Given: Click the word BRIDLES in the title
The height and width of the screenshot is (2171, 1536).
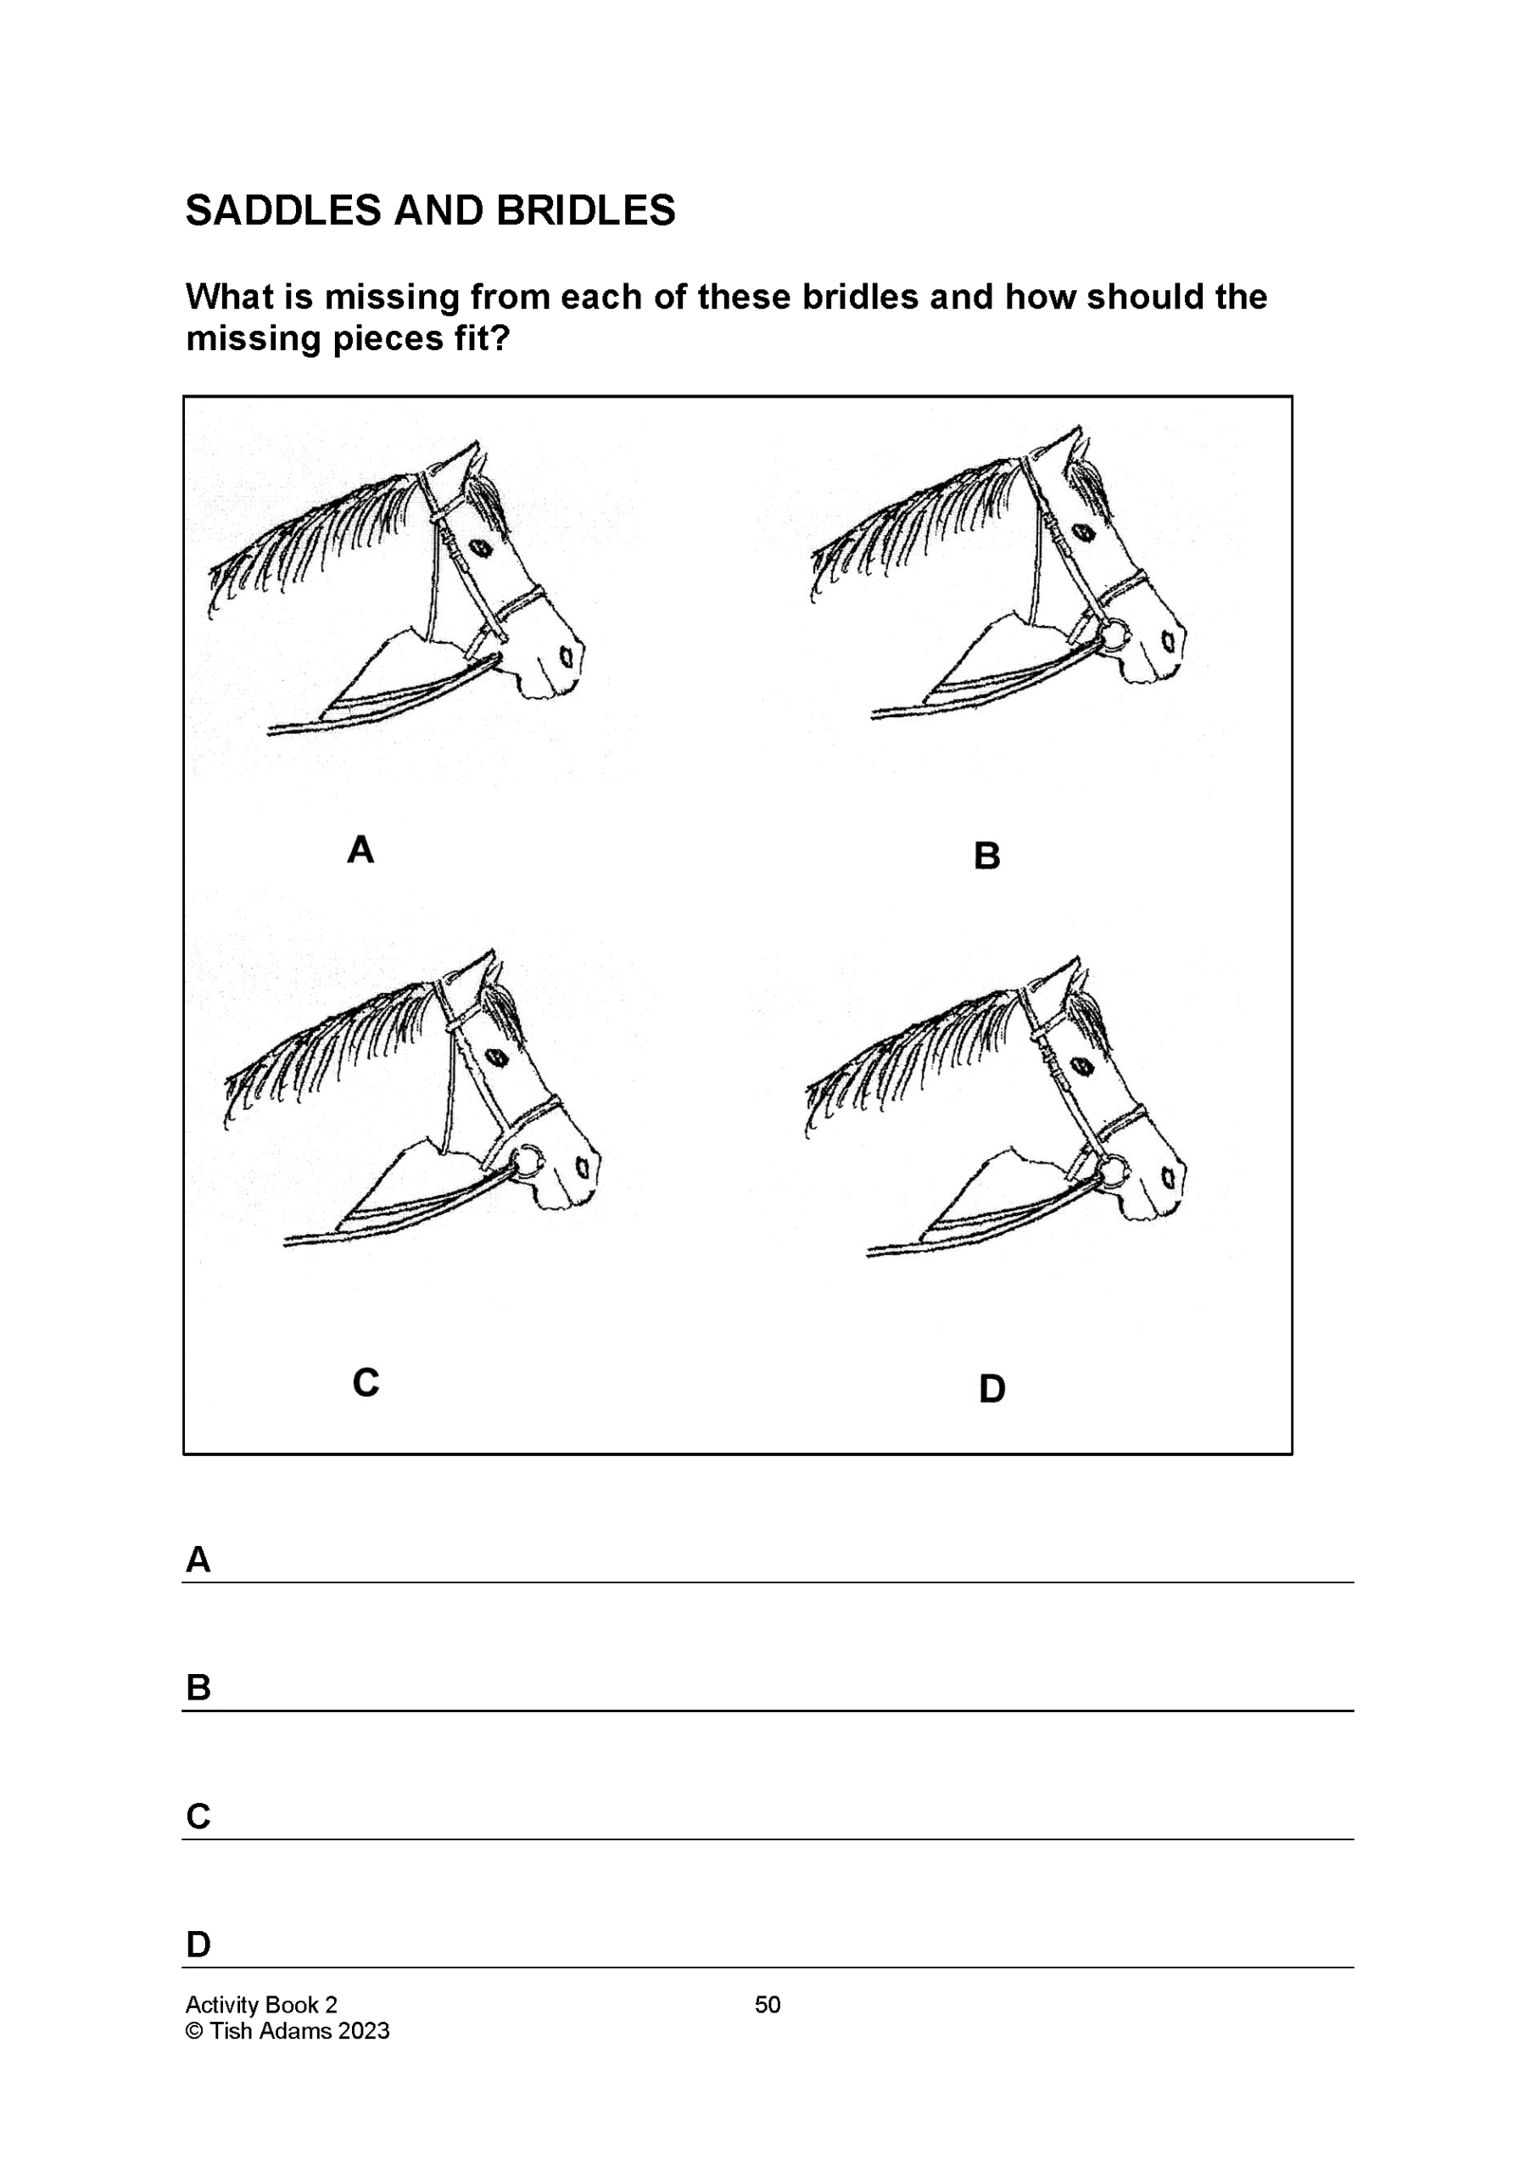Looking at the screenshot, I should [585, 211].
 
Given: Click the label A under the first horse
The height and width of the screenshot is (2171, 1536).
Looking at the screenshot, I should [360, 850].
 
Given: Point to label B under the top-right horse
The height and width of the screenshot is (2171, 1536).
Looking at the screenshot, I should [986, 857].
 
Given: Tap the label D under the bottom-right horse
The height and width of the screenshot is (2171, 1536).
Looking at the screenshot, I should [991, 1389].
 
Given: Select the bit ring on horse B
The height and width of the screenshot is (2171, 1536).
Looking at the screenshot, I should [1114, 633].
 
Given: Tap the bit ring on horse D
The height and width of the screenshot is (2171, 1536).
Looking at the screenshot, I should [1114, 1170].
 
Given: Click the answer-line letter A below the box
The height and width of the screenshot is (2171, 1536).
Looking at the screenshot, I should [198, 1560].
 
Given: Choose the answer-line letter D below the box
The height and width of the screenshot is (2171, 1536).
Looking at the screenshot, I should [198, 1945].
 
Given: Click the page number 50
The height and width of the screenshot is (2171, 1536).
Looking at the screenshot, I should [767, 2005].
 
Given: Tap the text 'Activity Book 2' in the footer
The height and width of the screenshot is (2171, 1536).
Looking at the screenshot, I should [261, 2005].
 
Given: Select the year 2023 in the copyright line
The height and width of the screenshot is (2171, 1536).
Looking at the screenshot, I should [363, 2031].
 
